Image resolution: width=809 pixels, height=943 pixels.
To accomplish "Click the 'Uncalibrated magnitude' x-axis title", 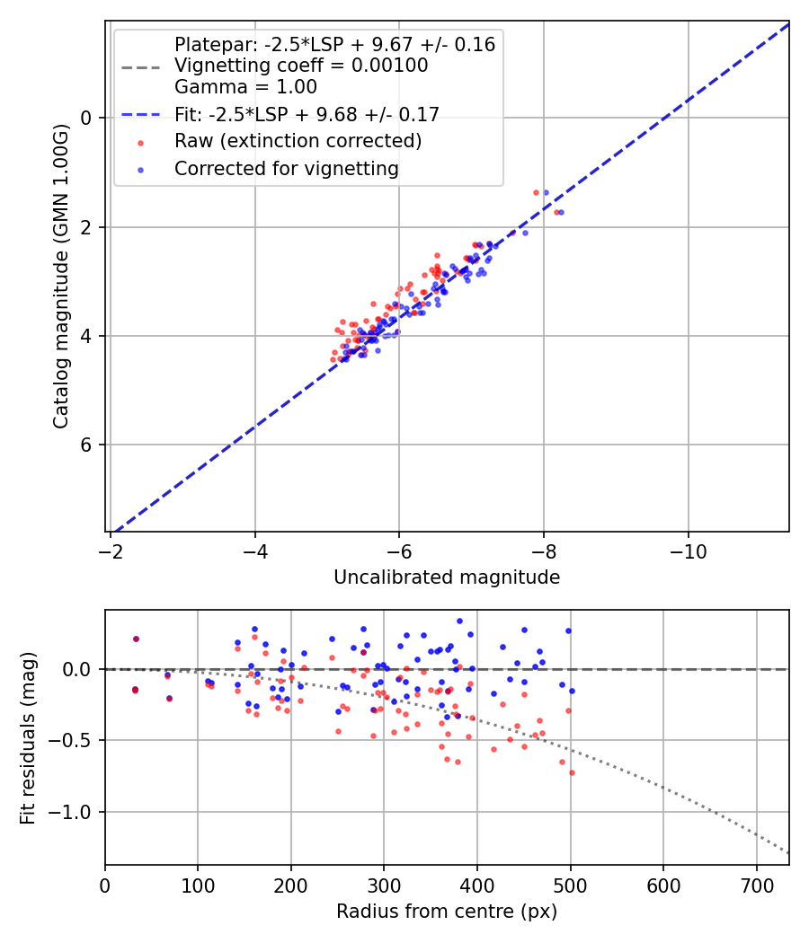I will pos(447,577).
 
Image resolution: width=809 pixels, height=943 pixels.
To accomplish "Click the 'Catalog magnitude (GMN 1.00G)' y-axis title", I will pos(60,277).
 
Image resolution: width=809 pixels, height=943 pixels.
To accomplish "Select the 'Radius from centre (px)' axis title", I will pos(447,912).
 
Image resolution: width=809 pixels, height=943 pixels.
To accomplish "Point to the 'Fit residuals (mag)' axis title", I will pos(28,737).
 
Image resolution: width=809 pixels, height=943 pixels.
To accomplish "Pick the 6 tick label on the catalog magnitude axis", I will pos(87,445).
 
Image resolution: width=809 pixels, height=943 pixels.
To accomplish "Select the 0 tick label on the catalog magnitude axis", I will pos(87,118).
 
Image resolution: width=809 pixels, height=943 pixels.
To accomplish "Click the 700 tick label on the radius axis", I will pos(756,886).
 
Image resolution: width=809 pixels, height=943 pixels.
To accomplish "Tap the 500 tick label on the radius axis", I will pos(570,886).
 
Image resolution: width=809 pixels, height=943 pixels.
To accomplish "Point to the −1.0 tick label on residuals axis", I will pos(76,812).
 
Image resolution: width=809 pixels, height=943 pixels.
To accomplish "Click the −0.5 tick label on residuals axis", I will pos(76,741).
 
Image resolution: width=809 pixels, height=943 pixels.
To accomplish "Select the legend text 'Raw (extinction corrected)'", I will pos(298,141).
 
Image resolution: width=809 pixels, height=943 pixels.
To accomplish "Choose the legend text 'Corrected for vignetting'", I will pos(286,168).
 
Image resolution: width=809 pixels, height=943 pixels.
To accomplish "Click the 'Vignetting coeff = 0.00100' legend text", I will pos(301,66).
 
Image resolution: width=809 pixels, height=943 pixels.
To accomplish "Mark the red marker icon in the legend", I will pos(140,142).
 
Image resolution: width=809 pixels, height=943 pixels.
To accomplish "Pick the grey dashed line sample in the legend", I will pos(140,66).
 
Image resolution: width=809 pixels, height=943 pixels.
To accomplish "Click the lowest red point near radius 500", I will pos(572,772).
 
